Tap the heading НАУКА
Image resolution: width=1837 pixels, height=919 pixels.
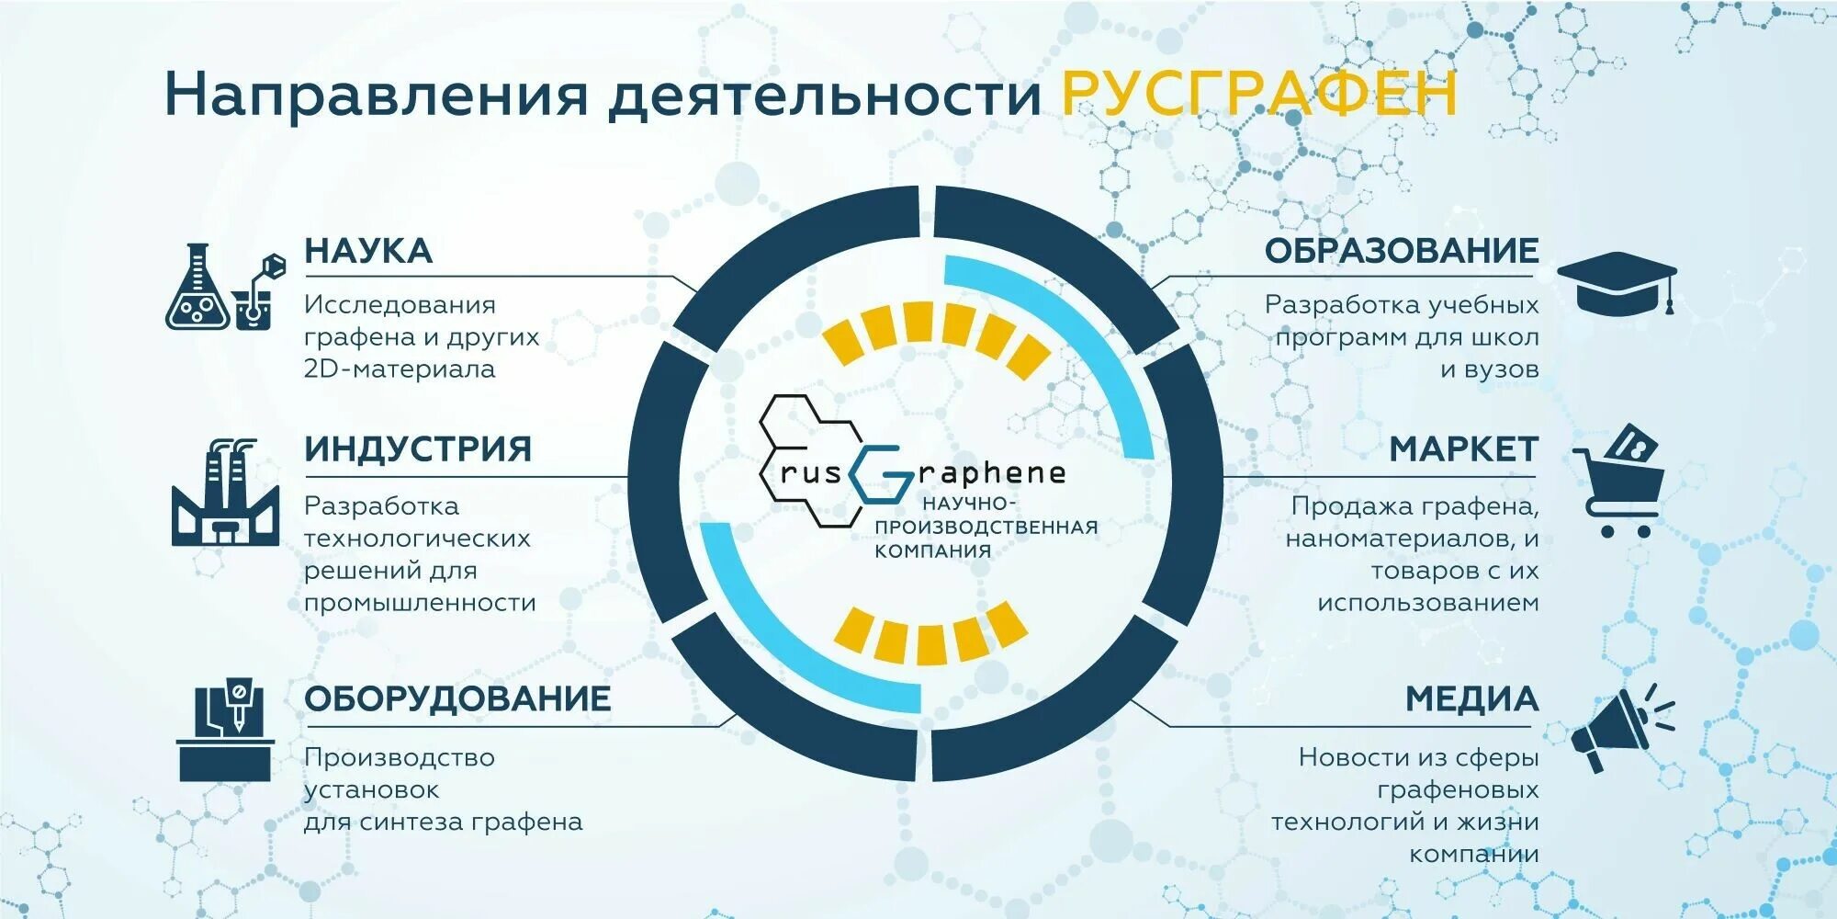[367, 251]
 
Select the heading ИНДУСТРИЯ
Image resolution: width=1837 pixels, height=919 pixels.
[418, 449]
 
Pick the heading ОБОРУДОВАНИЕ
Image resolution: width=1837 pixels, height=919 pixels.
[457, 698]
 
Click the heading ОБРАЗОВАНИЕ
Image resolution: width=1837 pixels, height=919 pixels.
[1401, 251]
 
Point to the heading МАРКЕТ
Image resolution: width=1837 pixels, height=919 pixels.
[1463, 449]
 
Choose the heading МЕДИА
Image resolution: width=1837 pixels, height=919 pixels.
[1471, 699]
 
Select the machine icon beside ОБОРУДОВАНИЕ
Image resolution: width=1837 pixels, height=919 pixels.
[226, 731]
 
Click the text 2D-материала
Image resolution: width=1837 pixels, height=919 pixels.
[400, 369]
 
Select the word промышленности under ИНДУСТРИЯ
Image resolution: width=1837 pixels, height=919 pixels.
[420, 603]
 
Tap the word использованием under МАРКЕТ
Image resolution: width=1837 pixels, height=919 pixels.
[1427, 603]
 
